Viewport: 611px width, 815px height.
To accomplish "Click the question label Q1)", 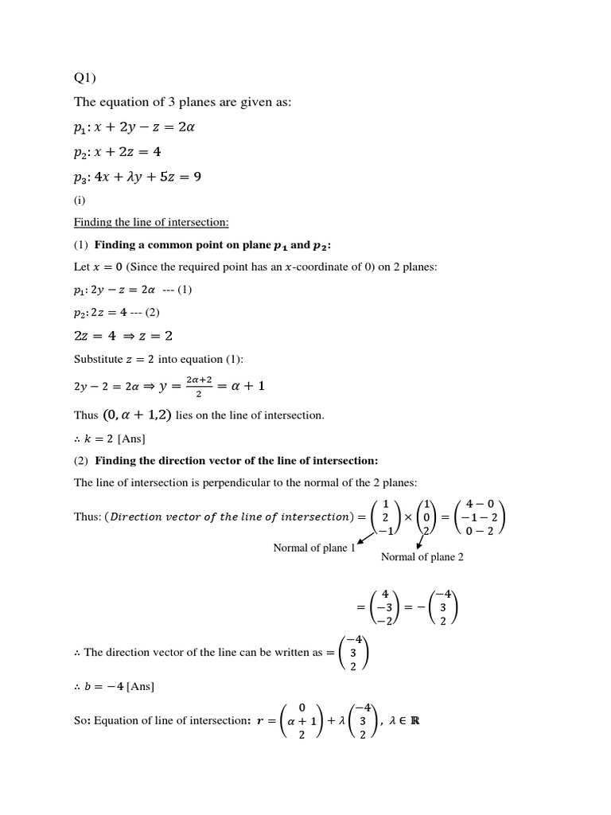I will coord(87,77).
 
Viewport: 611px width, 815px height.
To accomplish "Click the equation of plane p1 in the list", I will coord(134,128).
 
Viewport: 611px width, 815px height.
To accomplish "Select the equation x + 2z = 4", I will coord(128,152).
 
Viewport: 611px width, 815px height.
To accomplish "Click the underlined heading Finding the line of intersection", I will coord(151,222).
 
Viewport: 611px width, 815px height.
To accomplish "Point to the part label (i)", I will coord(80,200).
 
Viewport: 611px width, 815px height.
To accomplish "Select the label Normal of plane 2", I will coord(422,557).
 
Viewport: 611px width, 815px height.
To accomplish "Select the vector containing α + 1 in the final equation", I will coord(301,721).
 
